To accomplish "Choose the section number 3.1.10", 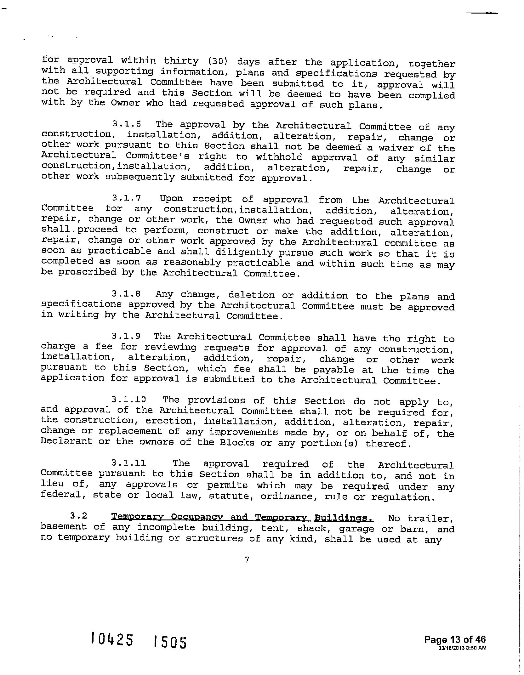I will [129, 400].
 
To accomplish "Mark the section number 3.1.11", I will [129, 463].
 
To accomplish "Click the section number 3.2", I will [79, 516].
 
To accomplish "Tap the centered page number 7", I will [247, 559].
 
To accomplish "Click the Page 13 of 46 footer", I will [455, 639].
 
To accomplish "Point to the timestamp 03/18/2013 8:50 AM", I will [462, 648].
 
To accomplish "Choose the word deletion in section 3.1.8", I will [251, 295].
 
